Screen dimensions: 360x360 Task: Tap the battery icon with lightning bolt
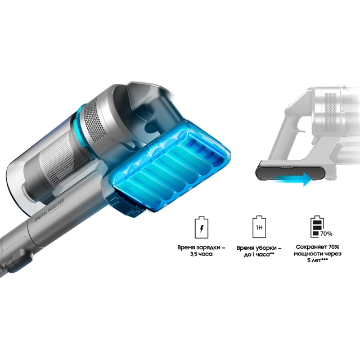tap(201, 227)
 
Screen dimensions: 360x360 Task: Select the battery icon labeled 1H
tap(259, 227)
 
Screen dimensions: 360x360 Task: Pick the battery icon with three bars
tap(317, 227)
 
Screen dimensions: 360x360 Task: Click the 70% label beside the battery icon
tap(326, 234)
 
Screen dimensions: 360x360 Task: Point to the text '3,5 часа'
tap(201, 254)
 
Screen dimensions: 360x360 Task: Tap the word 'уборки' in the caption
tap(265, 248)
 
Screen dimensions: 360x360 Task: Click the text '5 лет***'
tap(317, 260)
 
